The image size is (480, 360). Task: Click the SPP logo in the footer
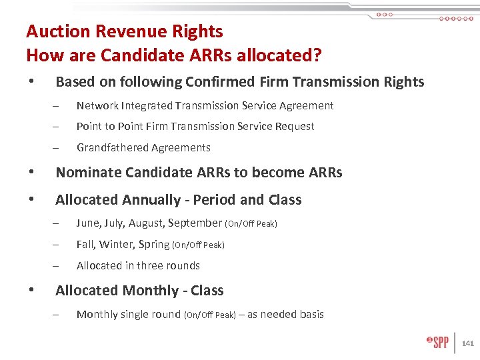pos(438,343)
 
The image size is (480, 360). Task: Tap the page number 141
pos(467,344)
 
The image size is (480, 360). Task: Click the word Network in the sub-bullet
pos(97,105)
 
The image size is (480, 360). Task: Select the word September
pos(195,223)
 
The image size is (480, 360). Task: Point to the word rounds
pos(184,265)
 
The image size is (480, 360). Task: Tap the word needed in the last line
pos(279,314)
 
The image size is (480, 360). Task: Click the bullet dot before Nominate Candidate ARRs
pos(31,173)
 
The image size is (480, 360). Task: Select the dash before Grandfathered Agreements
pos(58,148)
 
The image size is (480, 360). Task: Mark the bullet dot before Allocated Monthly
pos(31,291)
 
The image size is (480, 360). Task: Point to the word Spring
pos(154,244)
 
